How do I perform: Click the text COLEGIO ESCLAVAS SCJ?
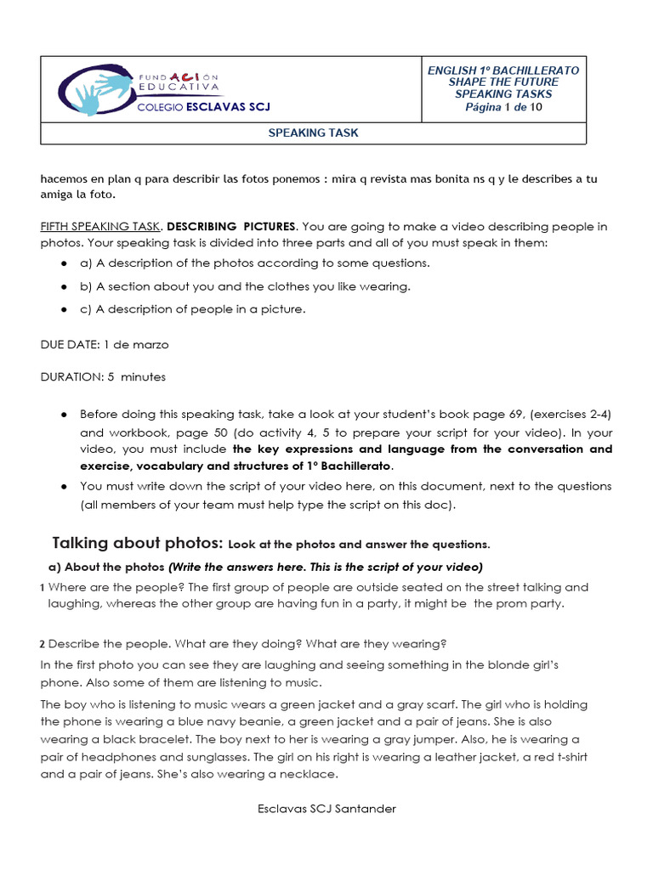pos(203,107)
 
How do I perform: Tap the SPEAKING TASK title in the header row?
pos(313,133)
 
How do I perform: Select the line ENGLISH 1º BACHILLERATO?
pos(503,71)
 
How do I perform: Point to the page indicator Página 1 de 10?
pos(503,107)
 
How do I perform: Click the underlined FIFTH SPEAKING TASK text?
pos(100,227)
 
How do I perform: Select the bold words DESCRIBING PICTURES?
pos(231,227)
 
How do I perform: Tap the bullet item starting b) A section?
pos(245,286)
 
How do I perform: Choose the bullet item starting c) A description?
pos(192,309)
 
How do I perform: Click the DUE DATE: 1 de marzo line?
pos(105,345)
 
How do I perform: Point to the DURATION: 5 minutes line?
pos(103,376)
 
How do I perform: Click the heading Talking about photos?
pos(138,543)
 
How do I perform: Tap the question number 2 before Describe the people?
pos(43,643)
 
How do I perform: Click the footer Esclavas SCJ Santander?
pos(326,809)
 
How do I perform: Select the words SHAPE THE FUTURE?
pos(503,82)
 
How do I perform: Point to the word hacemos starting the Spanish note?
pos(65,179)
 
